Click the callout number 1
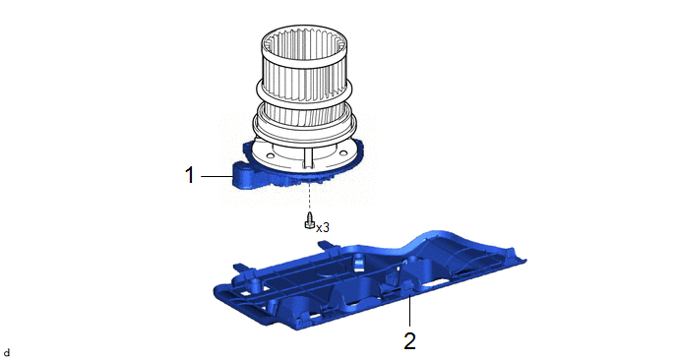click(190, 176)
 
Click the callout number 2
click(409, 341)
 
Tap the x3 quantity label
click(323, 227)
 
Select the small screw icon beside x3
click(310, 221)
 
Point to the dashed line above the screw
click(310, 197)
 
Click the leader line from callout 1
click(216, 176)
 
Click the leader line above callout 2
click(409, 310)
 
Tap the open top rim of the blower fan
click(304, 42)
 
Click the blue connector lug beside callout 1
click(244, 174)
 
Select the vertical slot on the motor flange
click(307, 156)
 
